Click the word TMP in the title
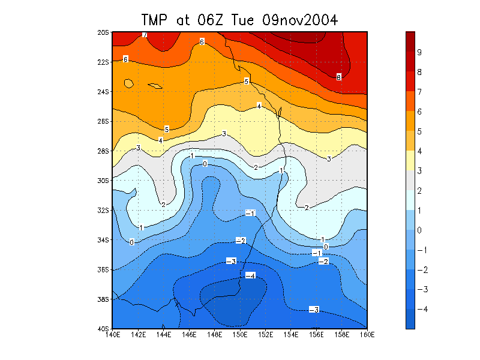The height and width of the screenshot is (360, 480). click(157, 20)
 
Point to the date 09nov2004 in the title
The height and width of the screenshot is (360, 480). click(300, 20)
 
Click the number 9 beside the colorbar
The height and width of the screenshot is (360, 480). click(420, 52)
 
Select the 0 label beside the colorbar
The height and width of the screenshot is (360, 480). click(420, 230)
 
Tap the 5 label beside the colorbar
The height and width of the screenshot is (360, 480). click(420, 131)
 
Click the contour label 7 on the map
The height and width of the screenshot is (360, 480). click(145, 35)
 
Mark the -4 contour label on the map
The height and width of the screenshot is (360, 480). click(250, 275)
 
